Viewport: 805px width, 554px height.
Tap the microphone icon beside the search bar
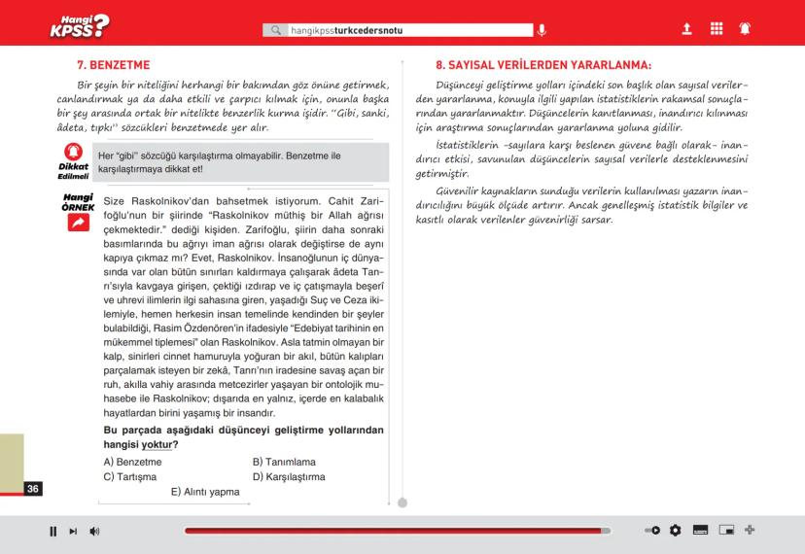542,30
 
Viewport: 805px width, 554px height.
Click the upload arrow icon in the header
686,29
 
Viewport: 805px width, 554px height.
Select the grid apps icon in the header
717,29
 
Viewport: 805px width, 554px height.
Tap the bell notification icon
745,29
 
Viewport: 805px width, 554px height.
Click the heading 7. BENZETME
113,65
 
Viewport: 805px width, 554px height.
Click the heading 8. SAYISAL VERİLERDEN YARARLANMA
542,65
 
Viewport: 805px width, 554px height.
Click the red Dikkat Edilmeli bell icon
73,152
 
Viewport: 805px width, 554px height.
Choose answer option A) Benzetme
133,462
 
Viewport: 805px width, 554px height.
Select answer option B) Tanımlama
284,462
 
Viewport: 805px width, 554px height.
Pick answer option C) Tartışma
130,477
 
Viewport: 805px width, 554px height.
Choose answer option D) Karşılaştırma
289,477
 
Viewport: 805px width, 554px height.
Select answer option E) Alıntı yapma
205,492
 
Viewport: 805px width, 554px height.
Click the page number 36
33,488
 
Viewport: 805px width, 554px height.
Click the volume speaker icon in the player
94,531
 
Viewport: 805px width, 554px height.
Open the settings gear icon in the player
676,531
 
